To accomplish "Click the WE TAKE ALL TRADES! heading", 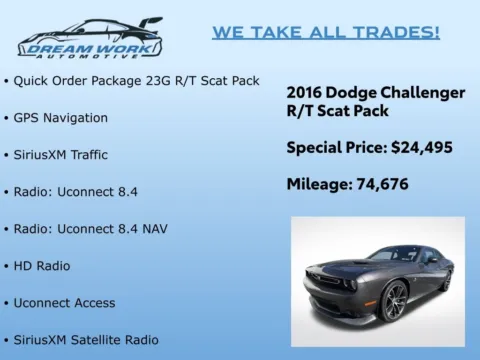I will click(x=325, y=32).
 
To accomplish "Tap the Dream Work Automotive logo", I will click(x=90, y=38).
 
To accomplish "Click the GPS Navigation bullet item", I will click(x=60, y=118).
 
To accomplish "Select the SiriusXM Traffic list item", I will click(x=60, y=155).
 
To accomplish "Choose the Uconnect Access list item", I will click(x=64, y=303).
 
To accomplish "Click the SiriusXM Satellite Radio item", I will click(x=85, y=340).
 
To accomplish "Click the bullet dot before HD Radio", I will click(x=6, y=266).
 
